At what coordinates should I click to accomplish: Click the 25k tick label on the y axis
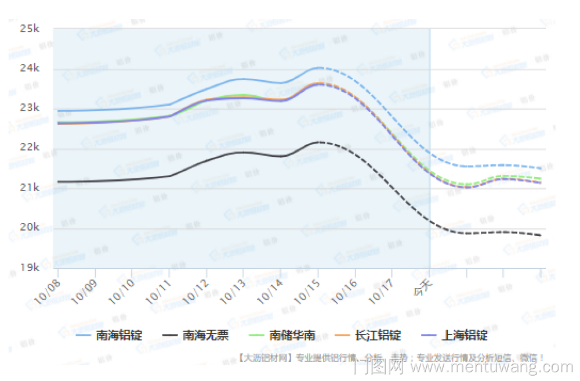pos(29,28)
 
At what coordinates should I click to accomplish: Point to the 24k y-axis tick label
pos(29,68)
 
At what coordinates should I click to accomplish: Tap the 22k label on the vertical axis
pos(29,148)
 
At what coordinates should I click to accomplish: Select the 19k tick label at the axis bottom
pos(29,267)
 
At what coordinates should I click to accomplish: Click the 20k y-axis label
pos(29,227)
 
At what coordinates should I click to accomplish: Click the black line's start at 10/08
pos(58,182)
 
